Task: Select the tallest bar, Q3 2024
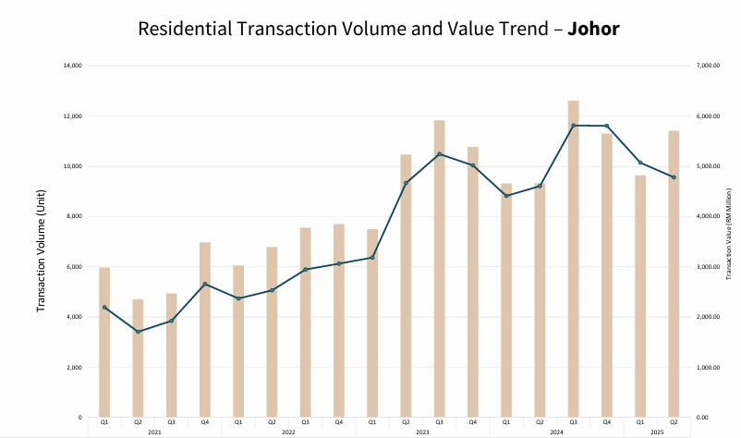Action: (573, 259)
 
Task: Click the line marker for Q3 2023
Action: (439, 153)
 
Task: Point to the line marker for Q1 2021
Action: (104, 308)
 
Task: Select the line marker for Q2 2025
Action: (674, 177)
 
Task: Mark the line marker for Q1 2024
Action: (505, 196)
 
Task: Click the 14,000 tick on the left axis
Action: (72, 66)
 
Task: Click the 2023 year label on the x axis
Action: (422, 432)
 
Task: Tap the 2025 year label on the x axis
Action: (657, 432)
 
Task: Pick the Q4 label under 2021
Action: (204, 422)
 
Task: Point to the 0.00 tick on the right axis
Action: (708, 418)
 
